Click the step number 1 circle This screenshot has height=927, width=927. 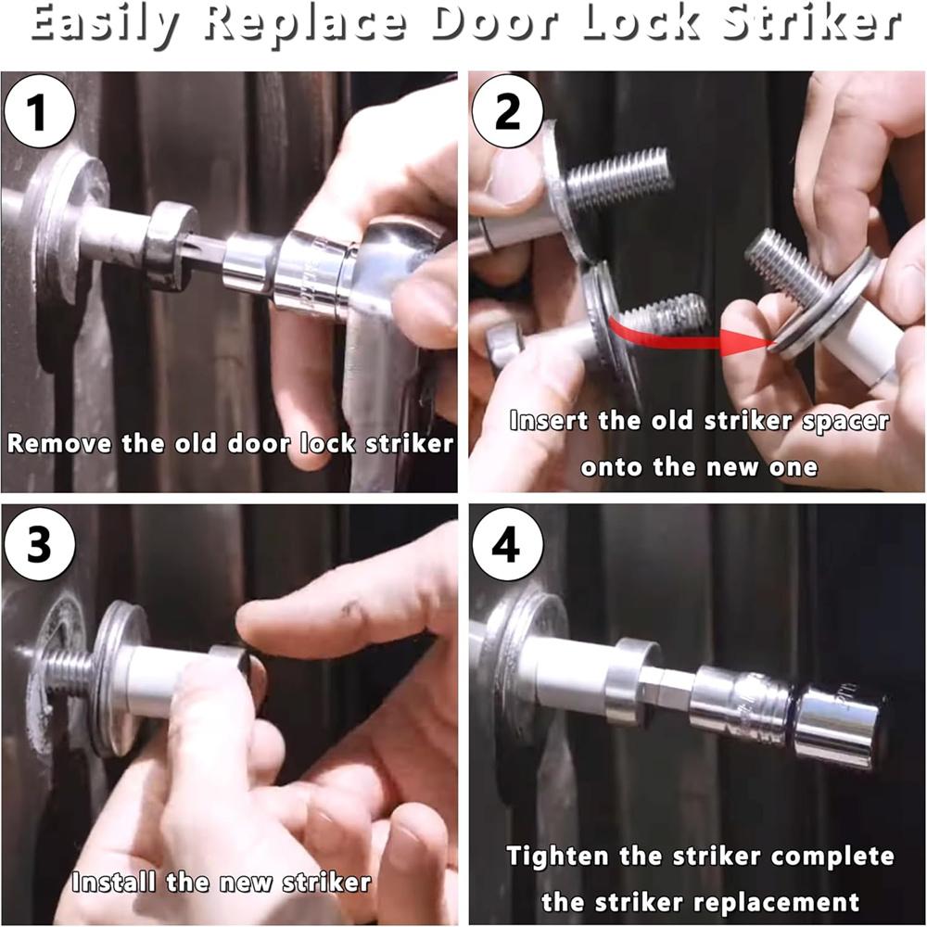(x=39, y=110)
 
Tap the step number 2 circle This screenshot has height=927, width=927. (x=507, y=110)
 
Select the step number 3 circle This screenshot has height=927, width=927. (x=39, y=543)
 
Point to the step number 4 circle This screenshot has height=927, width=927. (x=507, y=543)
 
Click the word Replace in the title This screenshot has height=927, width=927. (x=306, y=25)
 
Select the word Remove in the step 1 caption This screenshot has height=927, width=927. (x=59, y=443)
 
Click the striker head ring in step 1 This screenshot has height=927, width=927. (x=171, y=245)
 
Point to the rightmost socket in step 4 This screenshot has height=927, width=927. (x=841, y=727)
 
